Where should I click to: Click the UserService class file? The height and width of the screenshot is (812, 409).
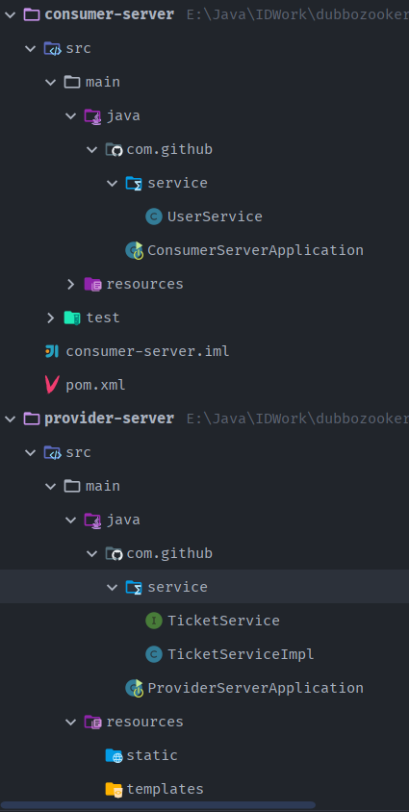click(215, 216)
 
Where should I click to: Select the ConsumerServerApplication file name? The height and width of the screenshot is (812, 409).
click(255, 250)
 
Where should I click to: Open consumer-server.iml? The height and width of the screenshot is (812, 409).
click(147, 351)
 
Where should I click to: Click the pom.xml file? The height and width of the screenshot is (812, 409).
click(96, 385)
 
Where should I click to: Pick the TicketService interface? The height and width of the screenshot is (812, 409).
click(223, 621)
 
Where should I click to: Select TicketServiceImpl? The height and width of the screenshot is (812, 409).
click(241, 654)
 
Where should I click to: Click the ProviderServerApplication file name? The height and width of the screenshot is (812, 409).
click(255, 688)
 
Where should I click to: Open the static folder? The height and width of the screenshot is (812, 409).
click(152, 755)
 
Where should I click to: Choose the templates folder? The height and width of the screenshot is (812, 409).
click(166, 789)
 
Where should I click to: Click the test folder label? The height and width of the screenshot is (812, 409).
click(103, 317)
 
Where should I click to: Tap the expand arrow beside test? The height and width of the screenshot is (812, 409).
click(50, 317)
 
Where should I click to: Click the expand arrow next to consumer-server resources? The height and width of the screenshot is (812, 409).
click(71, 284)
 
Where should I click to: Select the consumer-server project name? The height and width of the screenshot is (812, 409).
click(110, 14)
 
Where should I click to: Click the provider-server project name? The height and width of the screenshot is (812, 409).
click(110, 419)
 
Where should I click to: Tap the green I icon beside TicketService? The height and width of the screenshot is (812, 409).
click(154, 621)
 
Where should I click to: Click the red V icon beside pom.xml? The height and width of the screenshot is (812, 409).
click(51, 385)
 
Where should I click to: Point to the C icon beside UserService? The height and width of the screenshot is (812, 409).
click(154, 216)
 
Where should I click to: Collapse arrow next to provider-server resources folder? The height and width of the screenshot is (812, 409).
click(71, 722)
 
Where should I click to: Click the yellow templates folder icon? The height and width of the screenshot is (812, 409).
click(114, 789)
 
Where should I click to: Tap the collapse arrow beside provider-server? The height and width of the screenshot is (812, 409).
click(10, 419)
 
